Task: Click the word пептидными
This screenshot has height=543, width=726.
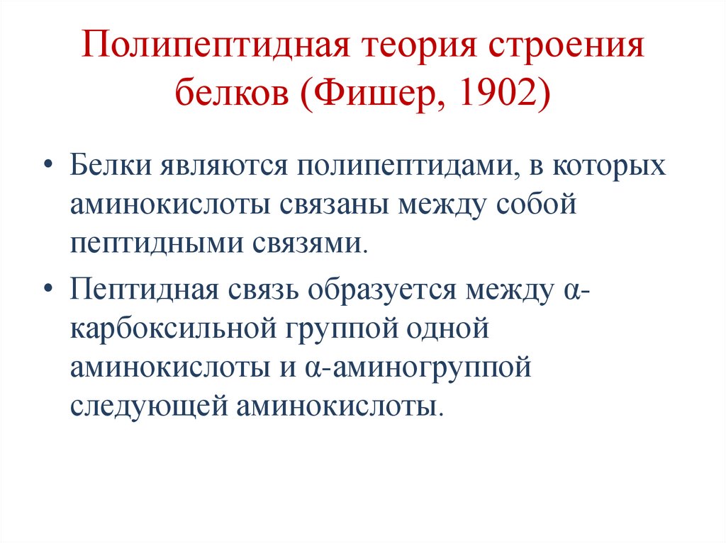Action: click(156, 244)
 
